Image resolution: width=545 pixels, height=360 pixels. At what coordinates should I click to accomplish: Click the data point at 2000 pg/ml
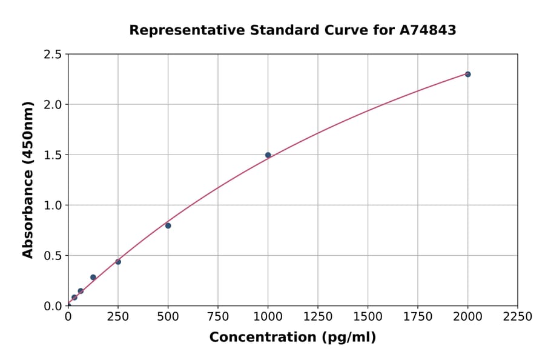467,74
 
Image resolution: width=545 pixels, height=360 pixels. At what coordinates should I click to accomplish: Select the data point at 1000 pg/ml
268,155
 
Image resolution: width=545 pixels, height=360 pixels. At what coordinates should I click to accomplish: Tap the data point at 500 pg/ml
168,225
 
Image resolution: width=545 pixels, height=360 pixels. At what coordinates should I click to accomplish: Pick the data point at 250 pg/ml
118,262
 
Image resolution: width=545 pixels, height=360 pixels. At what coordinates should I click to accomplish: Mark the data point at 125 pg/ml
93,278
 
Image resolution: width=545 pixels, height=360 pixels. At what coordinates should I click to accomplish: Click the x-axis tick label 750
218,316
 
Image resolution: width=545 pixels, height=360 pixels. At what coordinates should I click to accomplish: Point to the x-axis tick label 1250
318,316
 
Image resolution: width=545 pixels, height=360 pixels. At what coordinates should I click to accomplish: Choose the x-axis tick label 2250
518,316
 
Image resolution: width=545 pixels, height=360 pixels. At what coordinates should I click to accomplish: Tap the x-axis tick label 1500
368,316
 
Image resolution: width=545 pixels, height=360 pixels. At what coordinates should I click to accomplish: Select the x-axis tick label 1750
418,316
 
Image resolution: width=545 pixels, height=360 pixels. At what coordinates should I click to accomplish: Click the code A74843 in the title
428,30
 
